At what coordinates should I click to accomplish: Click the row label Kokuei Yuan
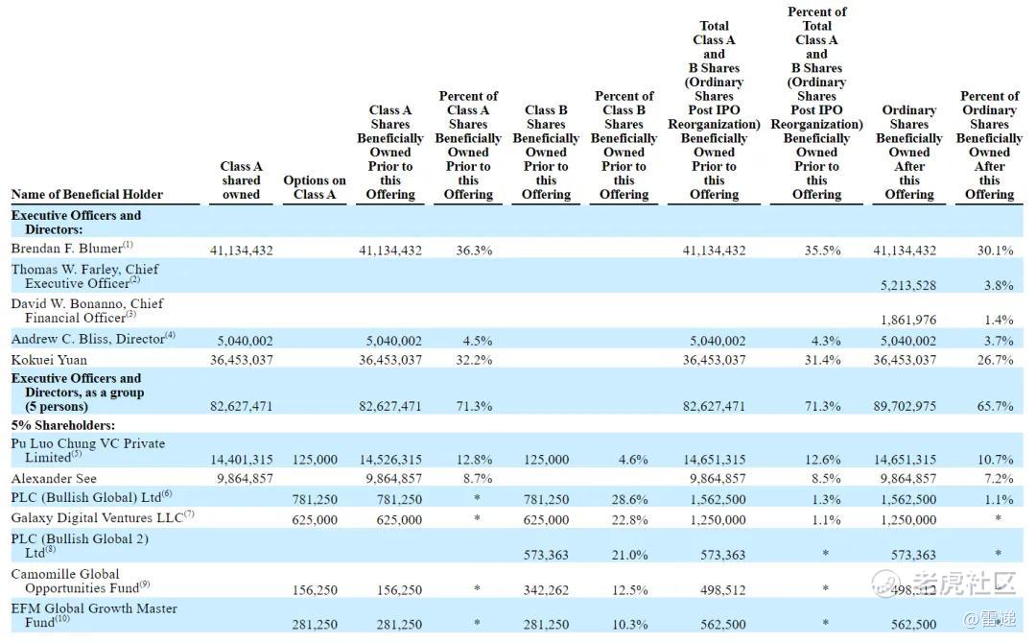pyautogui.click(x=49, y=360)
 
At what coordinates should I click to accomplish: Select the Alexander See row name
pyautogui.click(x=54, y=478)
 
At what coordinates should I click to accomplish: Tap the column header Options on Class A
pyautogui.click(x=315, y=187)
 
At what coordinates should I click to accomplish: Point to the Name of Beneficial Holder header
pyautogui.click(x=86, y=194)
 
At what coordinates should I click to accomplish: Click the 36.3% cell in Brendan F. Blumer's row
pyautogui.click(x=474, y=250)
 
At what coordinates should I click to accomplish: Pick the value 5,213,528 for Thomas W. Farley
pyautogui.click(x=907, y=285)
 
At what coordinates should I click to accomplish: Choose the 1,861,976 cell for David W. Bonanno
pyautogui.click(x=907, y=320)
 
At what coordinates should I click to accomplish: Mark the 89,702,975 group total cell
pyautogui.click(x=905, y=406)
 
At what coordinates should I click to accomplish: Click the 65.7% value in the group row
pyautogui.click(x=995, y=406)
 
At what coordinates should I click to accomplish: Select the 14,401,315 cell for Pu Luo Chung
pyautogui.click(x=241, y=460)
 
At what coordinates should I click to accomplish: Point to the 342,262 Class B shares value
pyautogui.click(x=546, y=590)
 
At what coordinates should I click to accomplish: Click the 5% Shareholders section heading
pyautogui.click(x=62, y=425)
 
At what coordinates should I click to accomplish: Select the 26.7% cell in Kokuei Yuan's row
pyautogui.click(x=995, y=360)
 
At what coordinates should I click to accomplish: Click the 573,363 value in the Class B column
pyautogui.click(x=546, y=555)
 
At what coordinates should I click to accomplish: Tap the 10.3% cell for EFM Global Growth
pyautogui.click(x=629, y=625)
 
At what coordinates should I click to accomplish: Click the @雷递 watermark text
pyautogui.click(x=989, y=619)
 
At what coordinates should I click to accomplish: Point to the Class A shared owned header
pyautogui.click(x=241, y=180)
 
